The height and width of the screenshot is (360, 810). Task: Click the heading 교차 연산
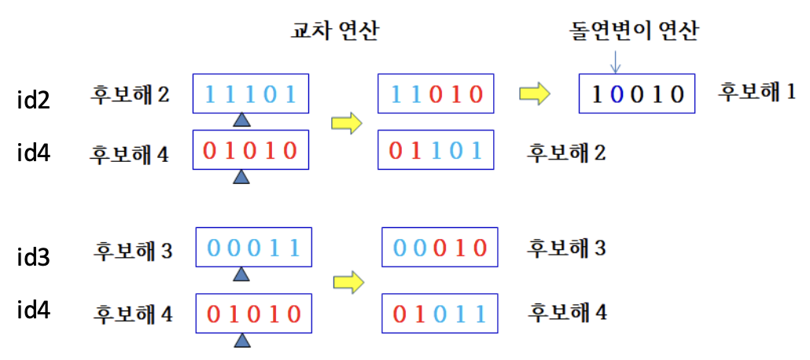pyautogui.click(x=334, y=31)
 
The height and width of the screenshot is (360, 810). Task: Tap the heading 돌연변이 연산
pyautogui.click(x=634, y=31)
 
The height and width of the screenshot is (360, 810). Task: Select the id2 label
pyautogui.click(x=35, y=100)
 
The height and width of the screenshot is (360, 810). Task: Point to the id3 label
pyautogui.click(x=35, y=256)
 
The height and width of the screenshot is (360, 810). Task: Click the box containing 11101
pyautogui.click(x=251, y=94)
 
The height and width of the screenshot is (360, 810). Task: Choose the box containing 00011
pyautogui.click(x=251, y=248)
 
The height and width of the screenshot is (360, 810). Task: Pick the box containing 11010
pyautogui.click(x=436, y=94)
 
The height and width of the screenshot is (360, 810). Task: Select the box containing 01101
pyautogui.click(x=436, y=149)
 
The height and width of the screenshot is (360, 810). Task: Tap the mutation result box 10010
pyautogui.click(x=637, y=95)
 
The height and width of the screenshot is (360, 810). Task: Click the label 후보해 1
pyautogui.click(x=757, y=91)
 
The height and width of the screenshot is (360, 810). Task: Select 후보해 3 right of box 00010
pyautogui.click(x=566, y=248)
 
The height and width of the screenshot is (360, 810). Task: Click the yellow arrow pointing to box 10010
pyautogui.click(x=535, y=94)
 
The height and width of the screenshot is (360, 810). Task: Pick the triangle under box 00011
pyautogui.click(x=242, y=274)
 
